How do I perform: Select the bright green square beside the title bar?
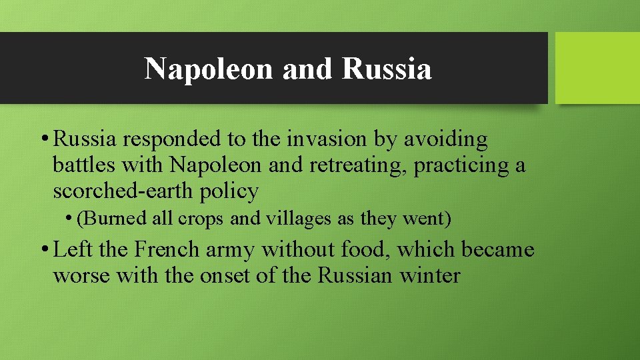click(597, 68)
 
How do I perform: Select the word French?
click(167, 249)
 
